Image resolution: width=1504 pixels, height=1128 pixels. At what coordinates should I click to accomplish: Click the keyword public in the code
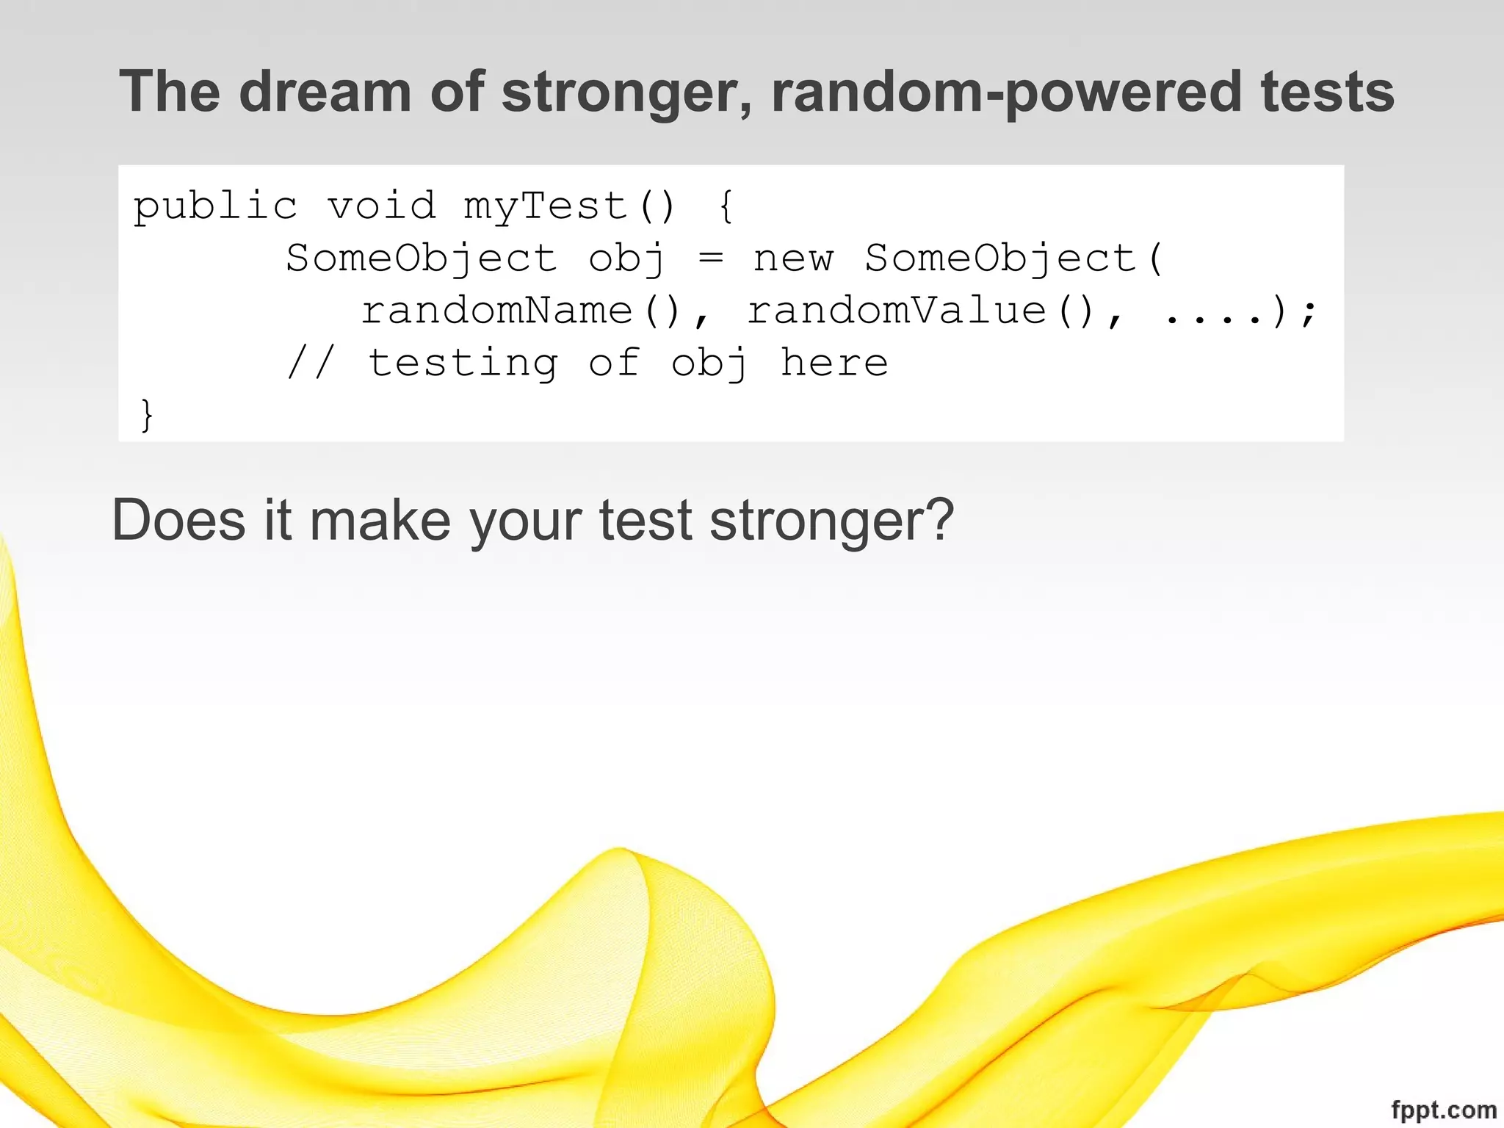[215, 206]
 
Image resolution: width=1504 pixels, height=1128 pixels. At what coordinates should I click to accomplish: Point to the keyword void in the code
[382, 206]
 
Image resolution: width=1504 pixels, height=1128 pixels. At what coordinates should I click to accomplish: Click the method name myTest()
[569, 206]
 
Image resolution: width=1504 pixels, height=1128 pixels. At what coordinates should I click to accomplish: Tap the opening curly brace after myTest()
[726, 206]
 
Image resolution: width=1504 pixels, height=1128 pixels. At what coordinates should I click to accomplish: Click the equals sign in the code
[710, 258]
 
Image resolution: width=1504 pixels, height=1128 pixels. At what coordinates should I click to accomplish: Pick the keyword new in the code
[793, 259]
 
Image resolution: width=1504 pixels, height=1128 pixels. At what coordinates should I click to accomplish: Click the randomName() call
[524, 311]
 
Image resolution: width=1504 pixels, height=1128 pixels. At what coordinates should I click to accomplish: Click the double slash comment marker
[311, 363]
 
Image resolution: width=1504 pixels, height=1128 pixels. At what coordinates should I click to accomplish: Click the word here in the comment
[834, 363]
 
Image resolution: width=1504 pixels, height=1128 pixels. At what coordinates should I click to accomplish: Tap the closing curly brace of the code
[147, 415]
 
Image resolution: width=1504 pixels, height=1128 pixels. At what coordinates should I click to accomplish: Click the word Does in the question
[178, 520]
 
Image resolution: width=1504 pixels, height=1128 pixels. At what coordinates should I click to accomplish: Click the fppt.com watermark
[1443, 1109]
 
